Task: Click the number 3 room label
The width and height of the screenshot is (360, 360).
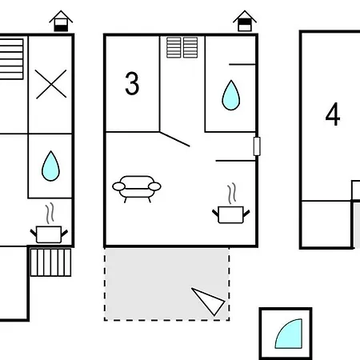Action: point(132,83)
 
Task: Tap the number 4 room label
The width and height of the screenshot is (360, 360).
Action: point(333,114)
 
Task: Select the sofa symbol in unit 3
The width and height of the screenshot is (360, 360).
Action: point(137,189)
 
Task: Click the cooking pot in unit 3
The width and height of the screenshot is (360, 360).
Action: point(231,214)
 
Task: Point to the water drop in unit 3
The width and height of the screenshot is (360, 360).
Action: point(231,95)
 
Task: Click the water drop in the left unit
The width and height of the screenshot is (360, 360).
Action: point(50,166)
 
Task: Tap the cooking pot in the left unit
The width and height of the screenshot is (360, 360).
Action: point(49,234)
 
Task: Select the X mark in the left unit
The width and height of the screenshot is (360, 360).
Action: point(51,84)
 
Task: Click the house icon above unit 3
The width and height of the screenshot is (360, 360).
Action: point(245,21)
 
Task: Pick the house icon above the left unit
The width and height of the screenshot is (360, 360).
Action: point(61,21)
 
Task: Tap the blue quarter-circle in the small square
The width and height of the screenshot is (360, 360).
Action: point(290,335)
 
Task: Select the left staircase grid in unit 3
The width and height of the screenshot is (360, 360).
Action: point(174,47)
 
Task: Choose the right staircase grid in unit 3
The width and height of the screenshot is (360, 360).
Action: point(190,47)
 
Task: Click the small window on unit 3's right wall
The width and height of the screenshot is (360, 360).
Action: point(257,146)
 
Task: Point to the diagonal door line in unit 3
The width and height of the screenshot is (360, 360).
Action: point(174,139)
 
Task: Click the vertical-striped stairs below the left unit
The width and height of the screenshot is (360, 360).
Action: point(50,262)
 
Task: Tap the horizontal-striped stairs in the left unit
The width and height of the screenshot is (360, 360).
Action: point(11,59)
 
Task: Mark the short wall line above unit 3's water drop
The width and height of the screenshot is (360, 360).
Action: point(242,64)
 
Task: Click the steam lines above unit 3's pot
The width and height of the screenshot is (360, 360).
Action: point(232,193)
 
